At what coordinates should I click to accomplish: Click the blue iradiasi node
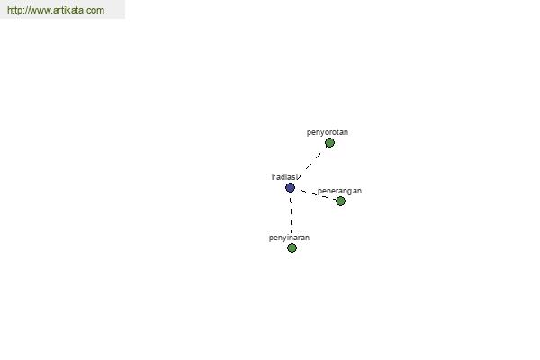tap(291, 188)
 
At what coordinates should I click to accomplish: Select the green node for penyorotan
tap(329, 142)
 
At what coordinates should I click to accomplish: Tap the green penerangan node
tap(340, 202)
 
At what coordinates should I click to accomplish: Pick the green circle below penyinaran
tap(292, 247)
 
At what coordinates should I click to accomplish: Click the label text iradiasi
tap(284, 177)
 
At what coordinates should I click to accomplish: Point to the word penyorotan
tap(328, 132)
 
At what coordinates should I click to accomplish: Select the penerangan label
tap(339, 191)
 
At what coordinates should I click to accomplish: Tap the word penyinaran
tap(289, 238)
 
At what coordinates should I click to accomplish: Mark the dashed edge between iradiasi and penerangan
tap(318, 194)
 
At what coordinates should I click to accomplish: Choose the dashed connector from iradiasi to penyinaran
tap(291, 218)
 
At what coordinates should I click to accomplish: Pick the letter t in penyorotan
tap(337, 132)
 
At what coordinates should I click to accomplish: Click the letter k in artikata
tap(67, 10)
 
